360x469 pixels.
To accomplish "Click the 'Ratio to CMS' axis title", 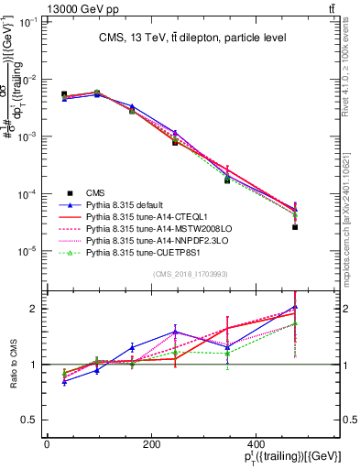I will pos(13,365).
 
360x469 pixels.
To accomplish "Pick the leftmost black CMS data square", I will pos(64,94).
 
